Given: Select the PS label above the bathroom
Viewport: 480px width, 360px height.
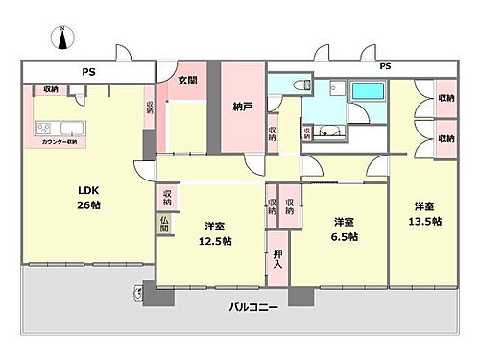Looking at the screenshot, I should click(385, 65).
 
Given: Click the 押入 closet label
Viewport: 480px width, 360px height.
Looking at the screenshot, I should click(277, 257).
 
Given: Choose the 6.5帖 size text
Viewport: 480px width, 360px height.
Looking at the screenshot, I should click(346, 236).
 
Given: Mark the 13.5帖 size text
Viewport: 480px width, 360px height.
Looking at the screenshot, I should click(427, 222).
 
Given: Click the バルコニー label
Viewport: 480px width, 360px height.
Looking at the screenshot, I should click(253, 308).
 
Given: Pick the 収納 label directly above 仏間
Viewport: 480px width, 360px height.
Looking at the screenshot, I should click(167, 197).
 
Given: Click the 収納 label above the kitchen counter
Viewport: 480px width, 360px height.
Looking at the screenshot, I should click(51, 89).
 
